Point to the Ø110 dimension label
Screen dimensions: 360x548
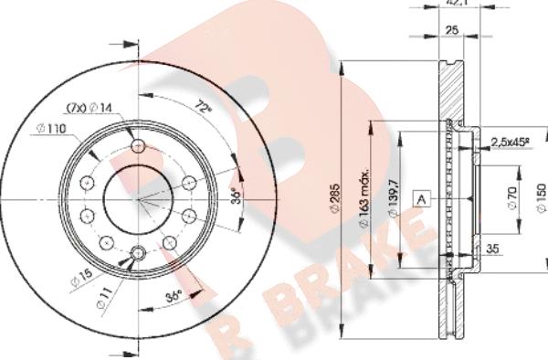(54, 128)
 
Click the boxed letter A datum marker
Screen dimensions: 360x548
(422, 197)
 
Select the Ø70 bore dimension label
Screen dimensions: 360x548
(514, 198)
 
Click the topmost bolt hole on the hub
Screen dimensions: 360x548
(137, 147)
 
